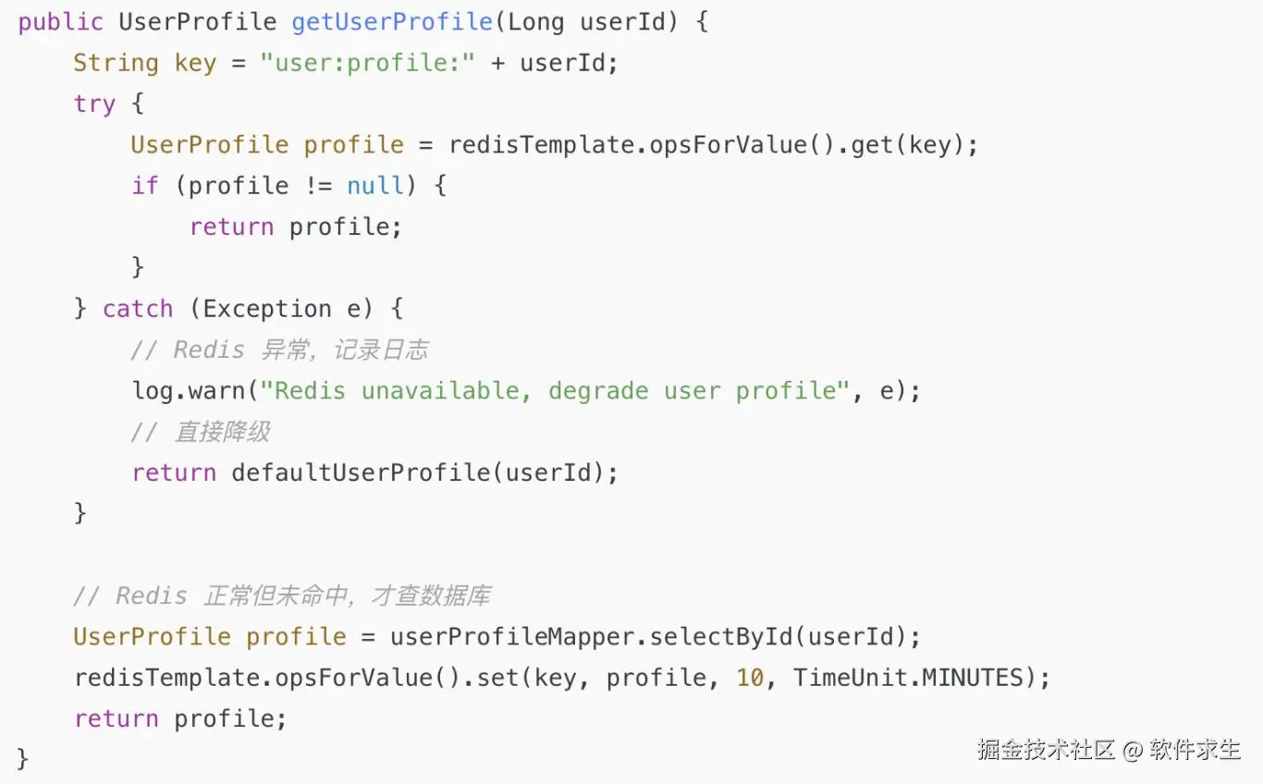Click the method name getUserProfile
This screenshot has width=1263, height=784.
click(x=392, y=22)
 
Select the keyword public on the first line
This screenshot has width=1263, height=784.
click(x=60, y=22)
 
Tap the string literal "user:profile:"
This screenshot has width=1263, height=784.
click(x=367, y=63)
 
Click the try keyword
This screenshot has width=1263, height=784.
click(x=94, y=104)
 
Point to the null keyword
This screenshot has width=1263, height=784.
click(x=375, y=186)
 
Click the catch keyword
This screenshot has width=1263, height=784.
click(x=138, y=309)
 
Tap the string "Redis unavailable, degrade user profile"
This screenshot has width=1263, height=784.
click(x=555, y=390)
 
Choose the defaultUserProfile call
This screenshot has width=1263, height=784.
click(x=360, y=472)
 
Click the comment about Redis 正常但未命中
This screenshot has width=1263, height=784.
click(x=282, y=595)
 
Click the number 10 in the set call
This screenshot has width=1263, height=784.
click(x=750, y=678)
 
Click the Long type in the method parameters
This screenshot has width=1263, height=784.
click(x=536, y=22)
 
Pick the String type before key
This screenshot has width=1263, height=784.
click(x=116, y=63)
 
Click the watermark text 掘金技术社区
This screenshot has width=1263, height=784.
click(x=1047, y=749)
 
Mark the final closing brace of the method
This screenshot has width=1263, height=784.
click(x=23, y=759)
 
